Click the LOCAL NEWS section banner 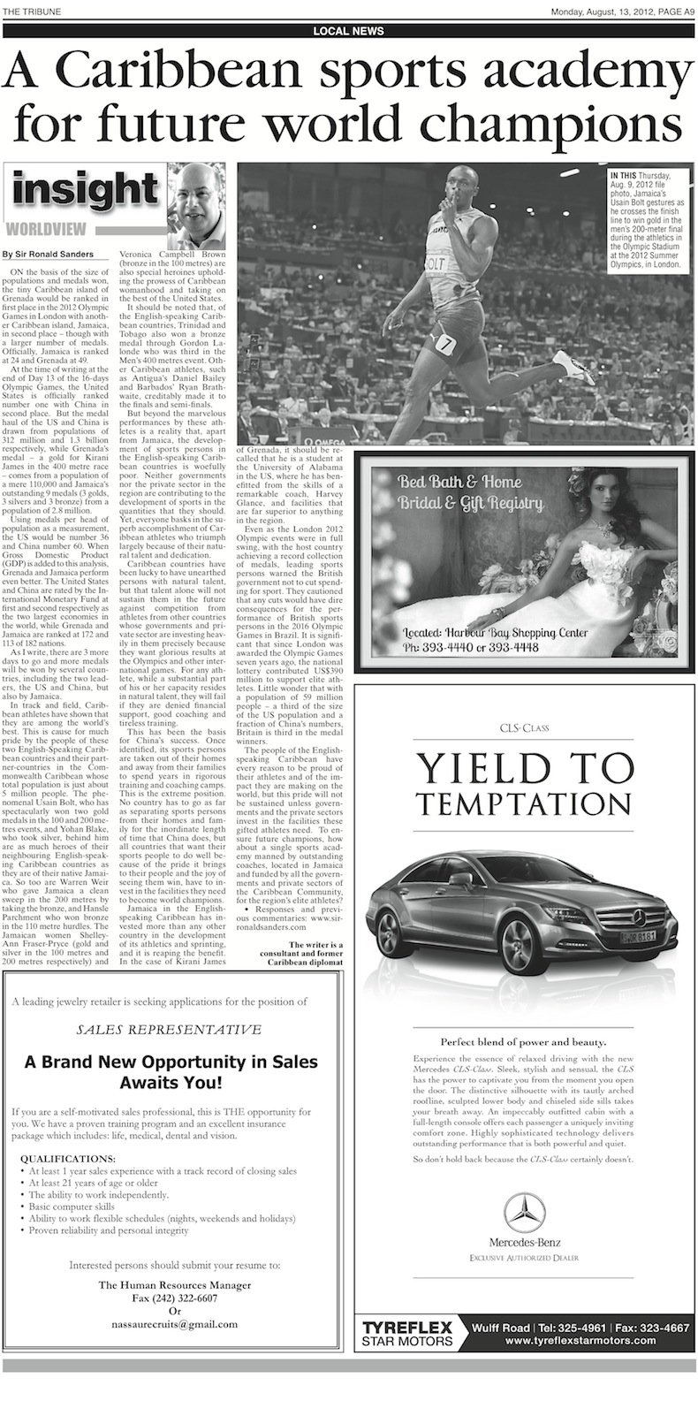(x=348, y=31)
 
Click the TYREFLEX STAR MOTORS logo (x=408, y=1333)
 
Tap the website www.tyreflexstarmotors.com (x=580, y=1340)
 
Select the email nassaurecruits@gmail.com (x=174, y=1324)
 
